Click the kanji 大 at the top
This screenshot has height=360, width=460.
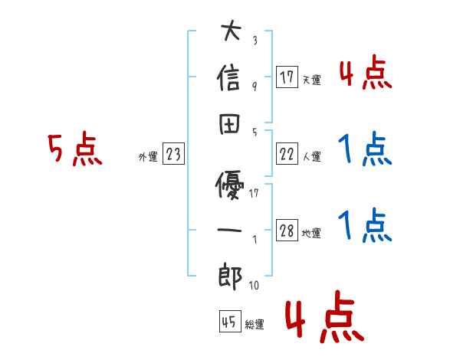(230, 34)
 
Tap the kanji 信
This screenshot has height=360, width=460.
(230, 78)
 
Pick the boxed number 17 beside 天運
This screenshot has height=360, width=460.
(287, 77)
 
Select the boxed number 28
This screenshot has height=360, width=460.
(287, 231)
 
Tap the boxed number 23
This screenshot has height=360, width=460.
(173, 155)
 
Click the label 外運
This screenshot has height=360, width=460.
(147, 157)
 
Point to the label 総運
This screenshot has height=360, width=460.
(254, 324)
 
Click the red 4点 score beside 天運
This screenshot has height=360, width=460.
(365, 74)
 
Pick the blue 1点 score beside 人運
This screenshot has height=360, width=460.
(365, 150)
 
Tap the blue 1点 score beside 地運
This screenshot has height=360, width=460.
(365, 227)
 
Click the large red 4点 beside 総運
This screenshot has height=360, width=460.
(323, 320)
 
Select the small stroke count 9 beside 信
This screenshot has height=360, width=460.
(254, 87)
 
